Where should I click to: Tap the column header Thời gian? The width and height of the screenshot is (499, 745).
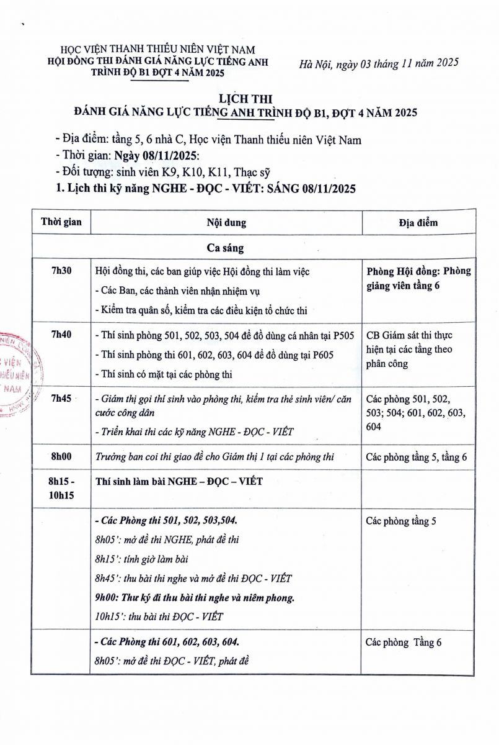pos(61,222)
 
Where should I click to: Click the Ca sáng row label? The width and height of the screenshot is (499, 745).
pos(225,248)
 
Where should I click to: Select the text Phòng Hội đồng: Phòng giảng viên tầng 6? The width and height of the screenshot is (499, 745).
pos(418,278)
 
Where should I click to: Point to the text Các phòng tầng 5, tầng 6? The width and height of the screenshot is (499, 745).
pos(416,457)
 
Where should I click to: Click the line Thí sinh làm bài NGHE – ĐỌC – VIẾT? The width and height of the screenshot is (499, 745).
pos(179,482)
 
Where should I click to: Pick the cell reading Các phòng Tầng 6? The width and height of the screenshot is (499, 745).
pos(403,643)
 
